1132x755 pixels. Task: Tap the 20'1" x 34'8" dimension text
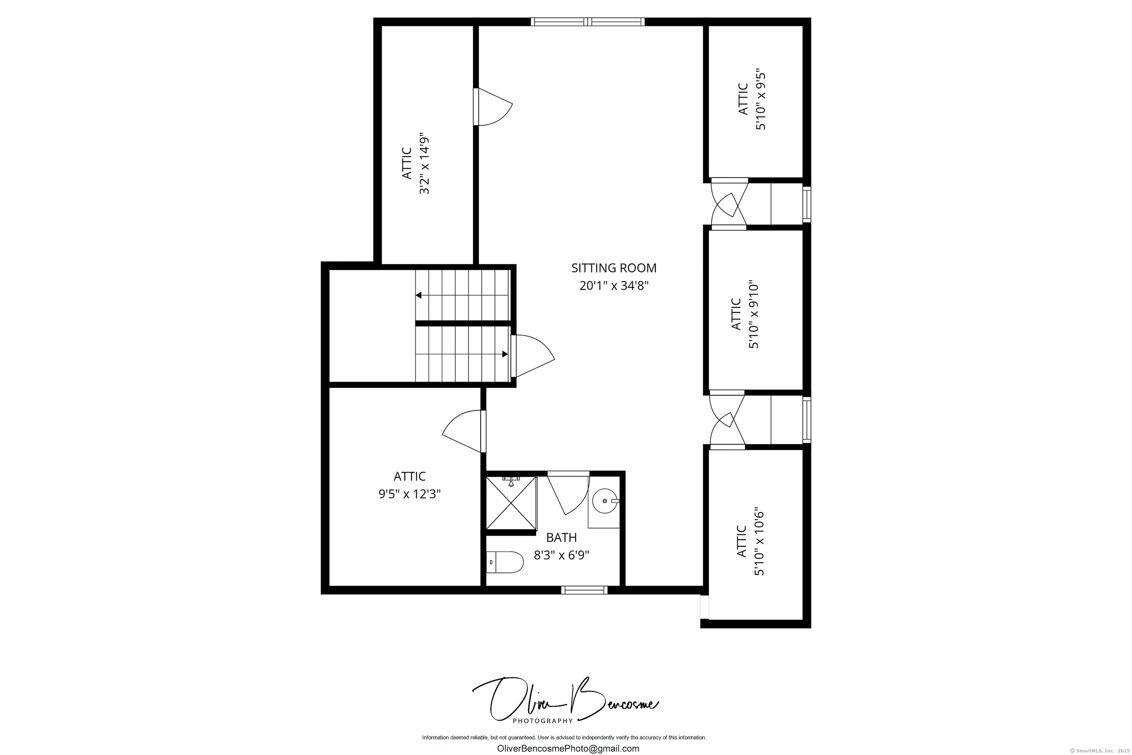coord(614,286)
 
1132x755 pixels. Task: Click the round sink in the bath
coord(604,501)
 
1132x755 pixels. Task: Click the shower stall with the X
coord(511,503)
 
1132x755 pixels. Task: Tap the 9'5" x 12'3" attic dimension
coord(410,494)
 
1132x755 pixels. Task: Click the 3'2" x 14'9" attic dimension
coord(423,164)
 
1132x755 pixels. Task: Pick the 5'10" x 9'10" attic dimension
coord(753,315)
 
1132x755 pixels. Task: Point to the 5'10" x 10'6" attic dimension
coord(759,541)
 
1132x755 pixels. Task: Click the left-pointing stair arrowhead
coord(419,295)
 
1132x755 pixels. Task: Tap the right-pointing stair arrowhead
coord(505,354)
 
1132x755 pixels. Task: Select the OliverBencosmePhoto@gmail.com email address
coord(568,748)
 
